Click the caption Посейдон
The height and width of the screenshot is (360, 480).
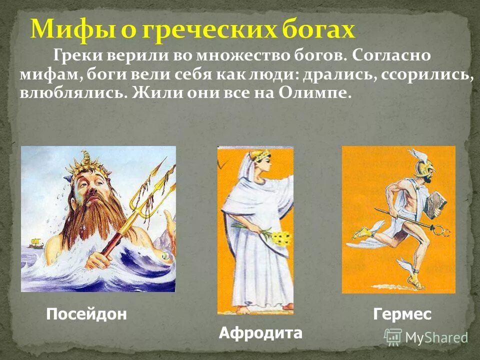[86, 314]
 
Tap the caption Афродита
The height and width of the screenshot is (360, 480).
[260, 333]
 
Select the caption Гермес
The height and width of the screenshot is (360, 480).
[401, 314]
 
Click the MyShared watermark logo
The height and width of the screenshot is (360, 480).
[425, 337]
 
